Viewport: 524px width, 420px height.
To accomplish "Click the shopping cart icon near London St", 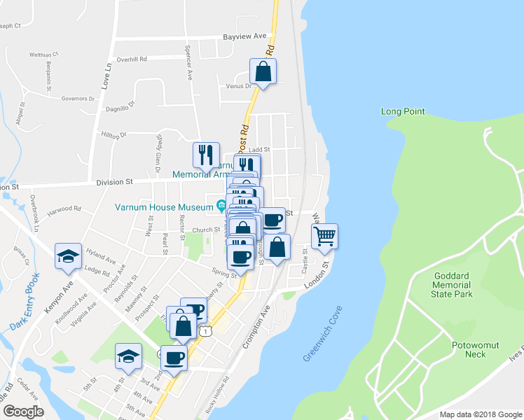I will [x=324, y=236].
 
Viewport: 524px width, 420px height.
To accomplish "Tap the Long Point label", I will [x=403, y=111].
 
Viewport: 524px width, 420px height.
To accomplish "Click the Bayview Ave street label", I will [x=245, y=36].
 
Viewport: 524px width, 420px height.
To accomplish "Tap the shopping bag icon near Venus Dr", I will [x=263, y=71].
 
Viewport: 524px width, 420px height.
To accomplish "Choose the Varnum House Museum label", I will [x=164, y=207].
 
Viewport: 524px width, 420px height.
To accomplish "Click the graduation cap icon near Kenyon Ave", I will [x=68, y=257].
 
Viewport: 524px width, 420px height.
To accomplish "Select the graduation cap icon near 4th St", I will [x=128, y=356].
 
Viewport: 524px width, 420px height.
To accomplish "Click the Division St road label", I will [x=114, y=182].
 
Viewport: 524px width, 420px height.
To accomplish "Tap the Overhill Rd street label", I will [x=131, y=59].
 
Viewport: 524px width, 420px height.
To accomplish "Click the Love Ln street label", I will [x=106, y=75].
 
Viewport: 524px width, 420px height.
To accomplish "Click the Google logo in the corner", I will [x=23, y=411].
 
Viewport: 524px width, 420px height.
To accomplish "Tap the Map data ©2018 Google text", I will [x=481, y=414].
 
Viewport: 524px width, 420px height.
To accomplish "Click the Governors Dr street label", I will [x=78, y=99].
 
